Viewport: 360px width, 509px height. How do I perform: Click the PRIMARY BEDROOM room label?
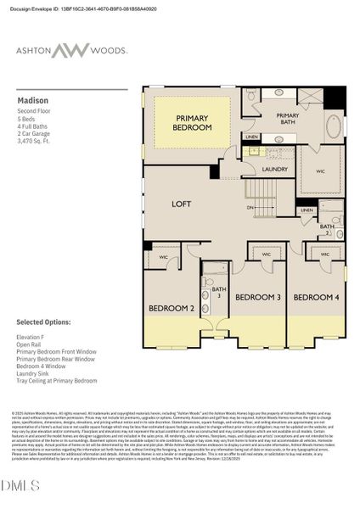point(193,122)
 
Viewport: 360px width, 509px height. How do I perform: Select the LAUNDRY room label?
point(275,169)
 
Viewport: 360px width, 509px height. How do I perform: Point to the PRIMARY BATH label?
point(288,120)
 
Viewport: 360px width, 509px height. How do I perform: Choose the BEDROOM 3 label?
point(257,297)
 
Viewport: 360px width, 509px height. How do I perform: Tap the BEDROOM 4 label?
point(316,297)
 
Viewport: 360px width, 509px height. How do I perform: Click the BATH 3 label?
point(218,292)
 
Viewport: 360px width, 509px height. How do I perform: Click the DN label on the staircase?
point(250,207)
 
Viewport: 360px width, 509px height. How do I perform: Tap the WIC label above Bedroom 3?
point(266,254)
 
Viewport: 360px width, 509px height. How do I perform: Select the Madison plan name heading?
point(32,100)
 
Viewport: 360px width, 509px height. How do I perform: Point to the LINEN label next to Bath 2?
point(307,210)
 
